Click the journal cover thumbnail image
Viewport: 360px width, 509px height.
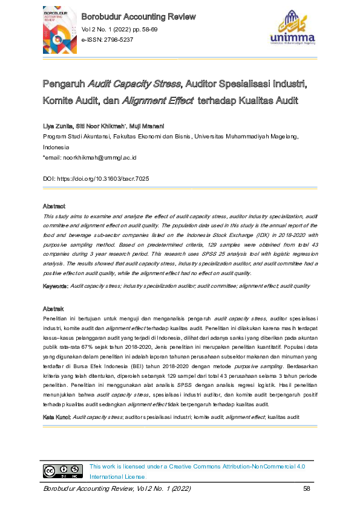60,30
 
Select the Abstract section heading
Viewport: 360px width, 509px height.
54,207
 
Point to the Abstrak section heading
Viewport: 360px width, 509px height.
53,308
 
